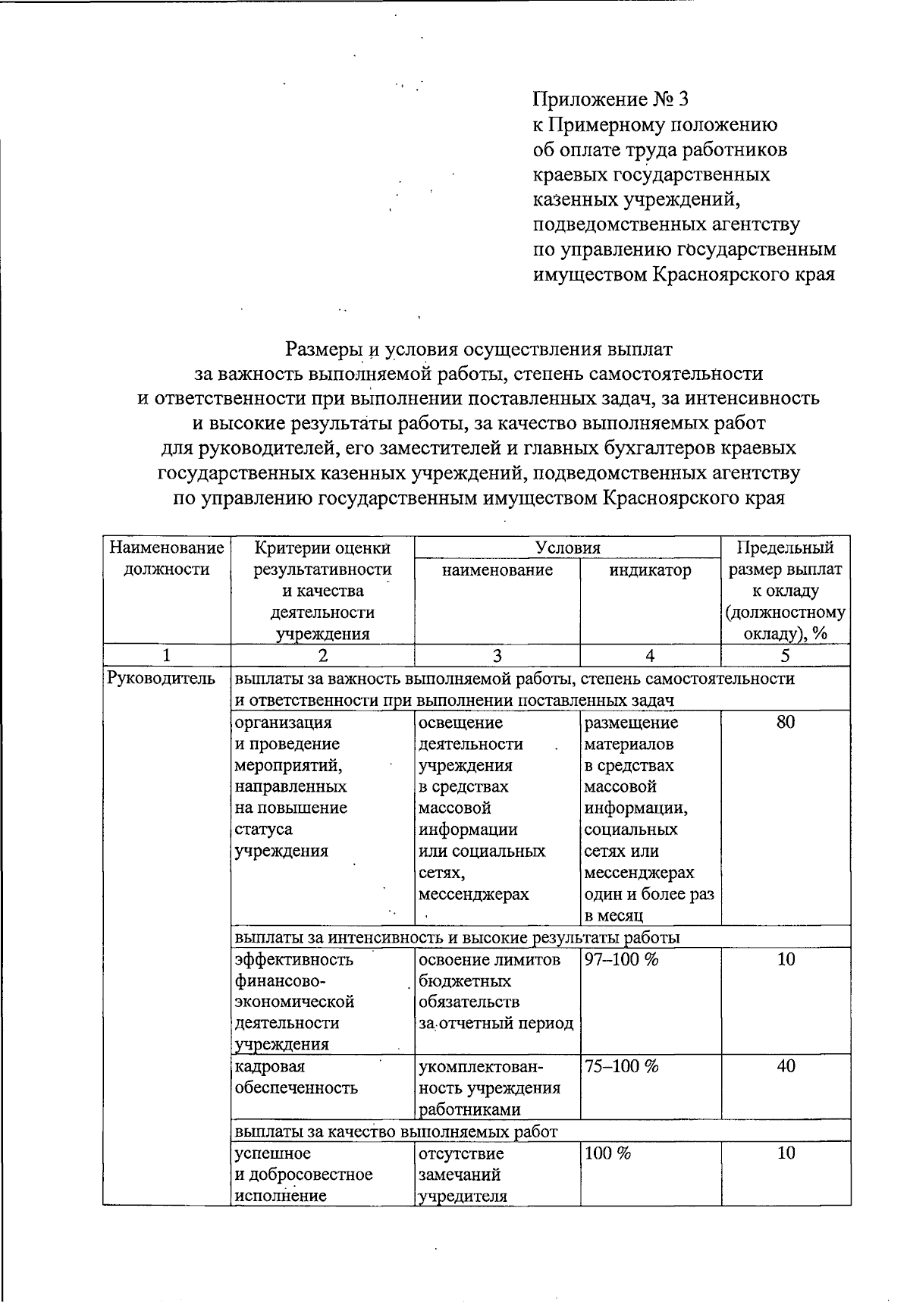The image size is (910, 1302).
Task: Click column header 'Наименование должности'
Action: [167, 558]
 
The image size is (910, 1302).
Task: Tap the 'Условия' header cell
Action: [567, 547]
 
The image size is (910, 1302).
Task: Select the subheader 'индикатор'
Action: [650, 569]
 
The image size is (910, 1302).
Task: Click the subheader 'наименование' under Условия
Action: [497, 569]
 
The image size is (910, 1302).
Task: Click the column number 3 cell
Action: [497, 656]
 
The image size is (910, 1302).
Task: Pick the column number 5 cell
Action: [785, 656]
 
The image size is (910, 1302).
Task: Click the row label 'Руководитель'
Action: [162, 679]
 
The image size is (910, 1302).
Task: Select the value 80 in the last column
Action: [786, 723]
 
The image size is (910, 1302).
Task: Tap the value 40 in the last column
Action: [786, 1066]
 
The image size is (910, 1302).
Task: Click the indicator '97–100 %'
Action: [621, 959]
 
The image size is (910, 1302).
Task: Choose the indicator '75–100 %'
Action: [621, 1066]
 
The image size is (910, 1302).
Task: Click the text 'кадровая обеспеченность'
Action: [296, 1077]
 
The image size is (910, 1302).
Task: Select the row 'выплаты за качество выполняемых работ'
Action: [397, 1131]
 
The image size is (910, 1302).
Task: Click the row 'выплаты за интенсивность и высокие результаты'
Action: [457, 937]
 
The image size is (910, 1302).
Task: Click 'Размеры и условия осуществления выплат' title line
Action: [479, 350]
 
